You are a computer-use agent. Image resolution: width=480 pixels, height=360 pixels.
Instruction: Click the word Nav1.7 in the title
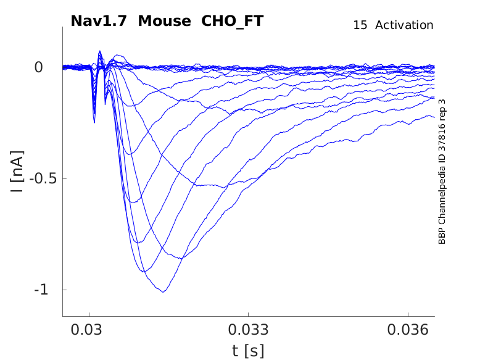point(99,21)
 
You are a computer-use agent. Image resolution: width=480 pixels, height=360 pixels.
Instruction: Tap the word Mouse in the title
point(165,21)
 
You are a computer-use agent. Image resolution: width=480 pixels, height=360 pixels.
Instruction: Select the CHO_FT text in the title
point(233,21)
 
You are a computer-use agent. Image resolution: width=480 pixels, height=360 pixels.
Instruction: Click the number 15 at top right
point(360,25)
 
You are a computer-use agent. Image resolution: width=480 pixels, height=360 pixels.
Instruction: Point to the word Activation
point(404,25)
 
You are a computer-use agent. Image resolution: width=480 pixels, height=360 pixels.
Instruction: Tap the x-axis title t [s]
point(248,351)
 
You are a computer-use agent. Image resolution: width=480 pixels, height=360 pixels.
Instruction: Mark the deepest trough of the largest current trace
point(163,291)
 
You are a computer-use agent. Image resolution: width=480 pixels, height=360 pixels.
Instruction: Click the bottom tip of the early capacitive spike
point(94,122)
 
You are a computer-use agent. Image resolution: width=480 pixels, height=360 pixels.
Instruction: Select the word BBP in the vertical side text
point(442,237)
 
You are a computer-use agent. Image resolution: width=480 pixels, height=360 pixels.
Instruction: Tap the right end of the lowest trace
point(434,117)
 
